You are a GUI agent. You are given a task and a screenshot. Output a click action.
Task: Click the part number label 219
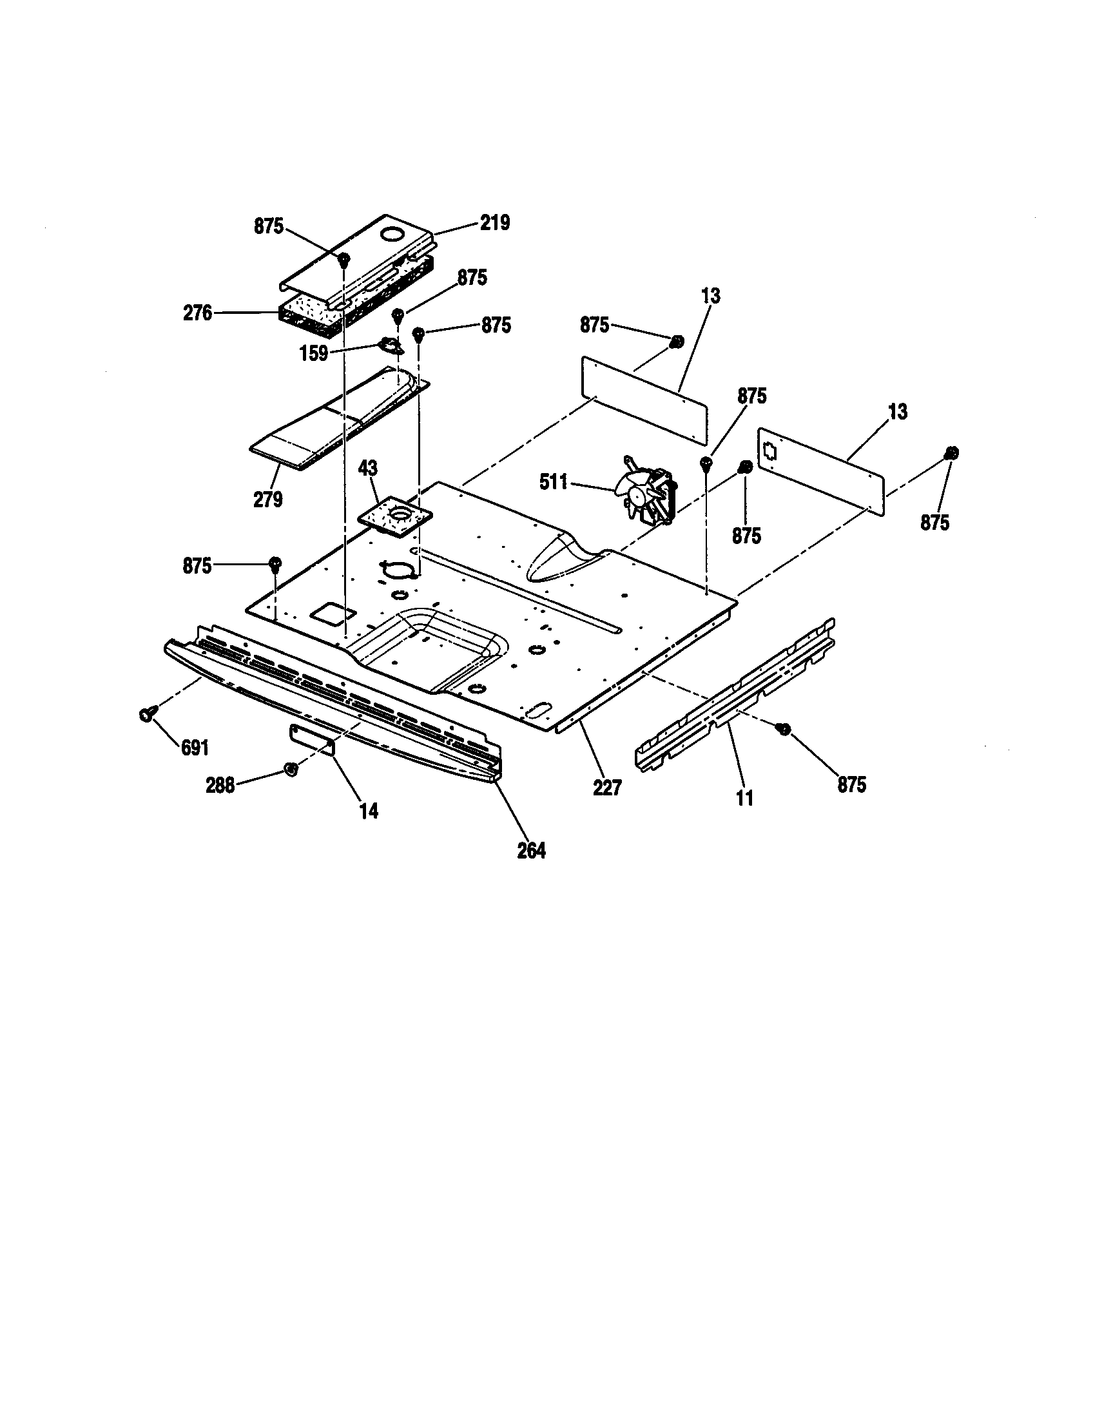pos(494,224)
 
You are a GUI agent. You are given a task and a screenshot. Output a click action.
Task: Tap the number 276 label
pos(198,313)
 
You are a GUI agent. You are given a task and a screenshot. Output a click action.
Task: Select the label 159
pos(313,354)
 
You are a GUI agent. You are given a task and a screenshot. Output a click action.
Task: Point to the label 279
pos(267,500)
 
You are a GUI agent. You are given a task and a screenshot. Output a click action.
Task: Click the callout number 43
pos(368,468)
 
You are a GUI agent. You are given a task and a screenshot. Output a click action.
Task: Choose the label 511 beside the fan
pos(554,481)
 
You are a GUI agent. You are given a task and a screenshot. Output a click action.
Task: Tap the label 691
pos(194,748)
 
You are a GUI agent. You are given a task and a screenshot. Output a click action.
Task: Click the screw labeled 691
pos(146,714)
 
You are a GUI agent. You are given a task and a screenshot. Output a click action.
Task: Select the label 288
pos(220,786)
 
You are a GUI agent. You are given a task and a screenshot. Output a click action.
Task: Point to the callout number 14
pos(369,811)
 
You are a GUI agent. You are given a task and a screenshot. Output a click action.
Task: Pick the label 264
pos(531,851)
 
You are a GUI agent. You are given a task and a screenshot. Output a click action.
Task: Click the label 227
pos(607,788)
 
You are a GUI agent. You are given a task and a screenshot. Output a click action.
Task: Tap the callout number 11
pos(745,798)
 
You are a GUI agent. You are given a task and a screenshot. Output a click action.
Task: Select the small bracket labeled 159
pos(389,346)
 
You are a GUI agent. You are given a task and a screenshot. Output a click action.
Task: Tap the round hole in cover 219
pos(394,235)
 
